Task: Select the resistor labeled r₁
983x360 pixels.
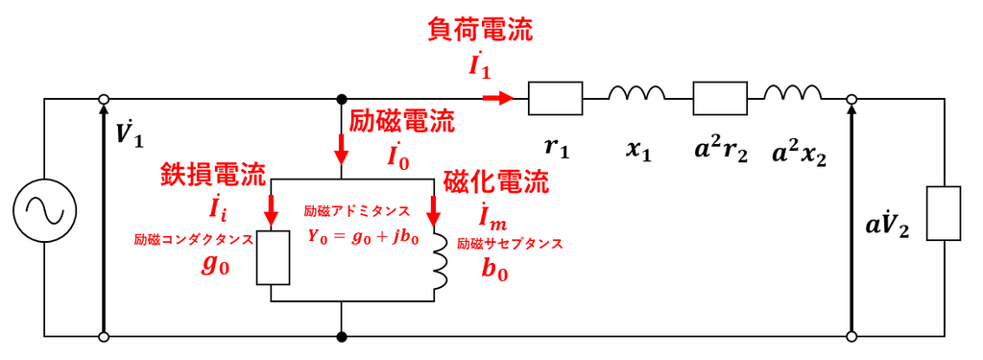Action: pos(556,99)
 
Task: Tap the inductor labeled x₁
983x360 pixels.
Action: pos(636,93)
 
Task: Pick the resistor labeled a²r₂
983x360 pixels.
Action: pos(720,99)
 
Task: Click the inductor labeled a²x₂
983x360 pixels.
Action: pos(792,93)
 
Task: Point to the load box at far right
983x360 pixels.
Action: pos(944,213)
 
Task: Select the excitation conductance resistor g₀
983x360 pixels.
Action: pos(274,258)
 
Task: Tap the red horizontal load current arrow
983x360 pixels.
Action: pos(498,99)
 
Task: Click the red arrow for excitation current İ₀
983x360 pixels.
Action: pos(342,148)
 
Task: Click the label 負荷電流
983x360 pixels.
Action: pos(480,30)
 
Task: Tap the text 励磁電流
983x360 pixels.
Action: pos(402,121)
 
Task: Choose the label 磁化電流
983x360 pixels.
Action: pos(496,183)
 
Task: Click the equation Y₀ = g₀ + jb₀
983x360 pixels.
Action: pos(362,237)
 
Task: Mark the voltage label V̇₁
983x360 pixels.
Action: pos(130,133)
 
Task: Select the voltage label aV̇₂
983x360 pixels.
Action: pos(887,227)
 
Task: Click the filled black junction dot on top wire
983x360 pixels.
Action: pos(342,99)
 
